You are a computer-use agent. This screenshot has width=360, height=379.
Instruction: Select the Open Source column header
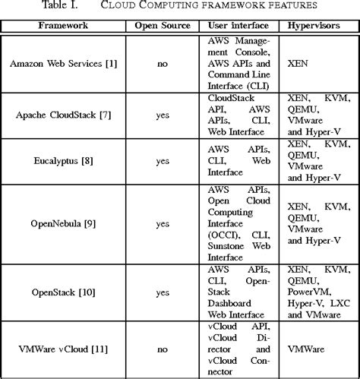click(162, 25)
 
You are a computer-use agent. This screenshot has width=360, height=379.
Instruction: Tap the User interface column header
click(239, 25)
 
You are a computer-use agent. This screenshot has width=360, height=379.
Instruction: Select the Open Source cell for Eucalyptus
click(162, 162)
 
